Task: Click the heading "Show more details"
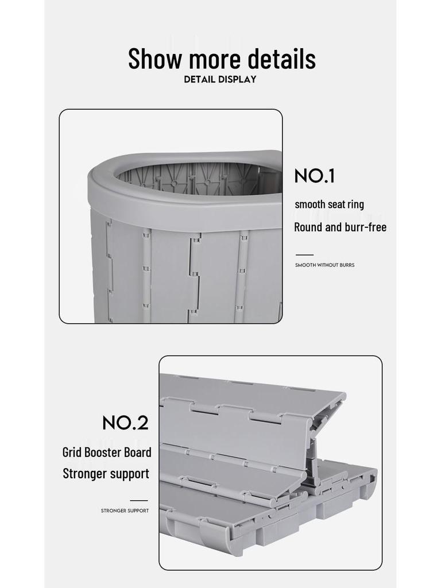tap(222, 59)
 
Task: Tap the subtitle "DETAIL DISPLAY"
tap(220, 79)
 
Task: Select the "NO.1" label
tap(314, 176)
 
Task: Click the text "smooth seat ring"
tap(329, 204)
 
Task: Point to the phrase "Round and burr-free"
tap(340, 227)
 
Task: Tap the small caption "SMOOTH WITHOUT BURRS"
tap(324, 265)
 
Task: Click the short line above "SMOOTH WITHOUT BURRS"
tap(304, 255)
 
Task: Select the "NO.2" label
tap(125, 423)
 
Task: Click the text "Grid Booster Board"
tap(107, 452)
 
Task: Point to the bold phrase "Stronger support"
tap(106, 474)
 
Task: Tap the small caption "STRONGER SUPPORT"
tap(125, 510)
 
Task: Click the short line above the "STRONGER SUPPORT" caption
tap(138, 501)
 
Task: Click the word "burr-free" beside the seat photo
tap(365, 227)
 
